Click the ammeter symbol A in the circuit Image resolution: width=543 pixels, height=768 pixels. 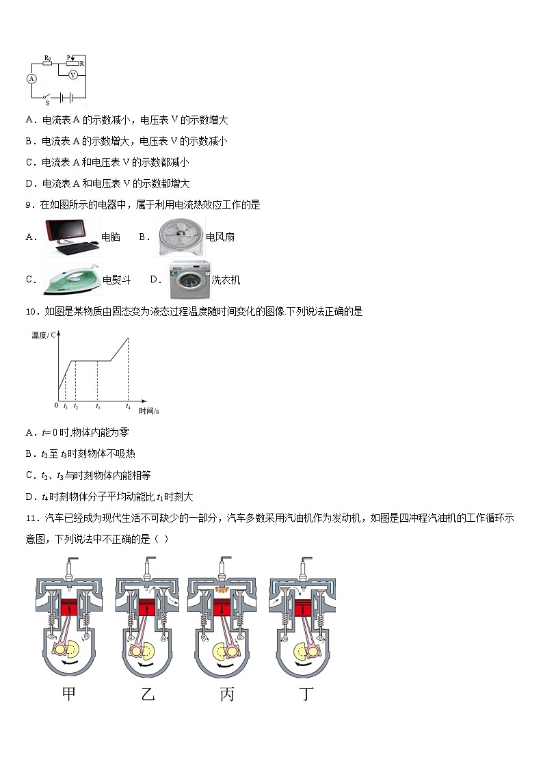(31, 79)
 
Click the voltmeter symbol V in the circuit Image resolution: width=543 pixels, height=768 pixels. (72, 75)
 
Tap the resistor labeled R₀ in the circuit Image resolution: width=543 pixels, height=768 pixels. (48, 65)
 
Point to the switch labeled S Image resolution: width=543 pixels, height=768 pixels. (47, 96)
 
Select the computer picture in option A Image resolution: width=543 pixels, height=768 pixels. (71, 237)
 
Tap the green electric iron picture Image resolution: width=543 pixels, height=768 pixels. (71, 279)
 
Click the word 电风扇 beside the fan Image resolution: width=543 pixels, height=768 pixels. (220, 237)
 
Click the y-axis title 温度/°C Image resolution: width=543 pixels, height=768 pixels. (45, 335)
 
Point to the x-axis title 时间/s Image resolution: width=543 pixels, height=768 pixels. (148, 411)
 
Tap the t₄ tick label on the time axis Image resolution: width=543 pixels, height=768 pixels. (128, 406)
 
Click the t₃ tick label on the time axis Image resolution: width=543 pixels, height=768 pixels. (98, 406)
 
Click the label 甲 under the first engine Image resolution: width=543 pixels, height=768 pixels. (69, 694)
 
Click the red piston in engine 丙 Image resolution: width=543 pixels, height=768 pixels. (222, 607)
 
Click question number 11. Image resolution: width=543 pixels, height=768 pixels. (31, 518)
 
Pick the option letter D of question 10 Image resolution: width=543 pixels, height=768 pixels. (30, 497)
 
